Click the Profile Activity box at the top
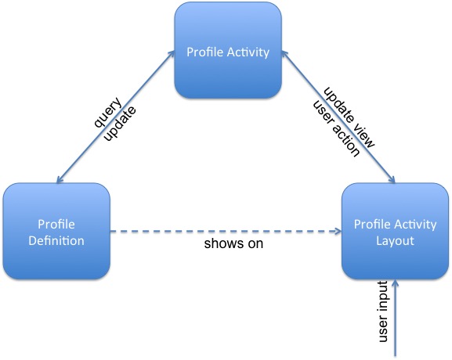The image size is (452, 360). click(x=228, y=50)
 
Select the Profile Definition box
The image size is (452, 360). click(x=56, y=231)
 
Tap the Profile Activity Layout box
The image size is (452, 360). click(x=395, y=231)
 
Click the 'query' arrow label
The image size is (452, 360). click(x=108, y=113)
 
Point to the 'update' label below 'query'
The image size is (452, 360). click(x=120, y=124)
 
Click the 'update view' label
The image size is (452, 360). click(x=349, y=117)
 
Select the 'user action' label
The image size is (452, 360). click(x=336, y=128)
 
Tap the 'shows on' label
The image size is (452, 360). click(x=233, y=243)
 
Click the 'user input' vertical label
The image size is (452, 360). click(x=383, y=311)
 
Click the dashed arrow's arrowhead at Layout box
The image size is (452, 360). click(x=338, y=231)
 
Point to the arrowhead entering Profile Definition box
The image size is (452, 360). click(x=59, y=180)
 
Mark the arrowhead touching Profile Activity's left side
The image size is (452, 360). click(x=172, y=53)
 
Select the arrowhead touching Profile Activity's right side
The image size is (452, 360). click(x=284, y=53)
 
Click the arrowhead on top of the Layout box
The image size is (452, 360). click(x=392, y=180)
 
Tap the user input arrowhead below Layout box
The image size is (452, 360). click(x=396, y=283)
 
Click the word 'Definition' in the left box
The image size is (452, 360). click(x=56, y=241)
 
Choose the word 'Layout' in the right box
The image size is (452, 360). click(x=395, y=241)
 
